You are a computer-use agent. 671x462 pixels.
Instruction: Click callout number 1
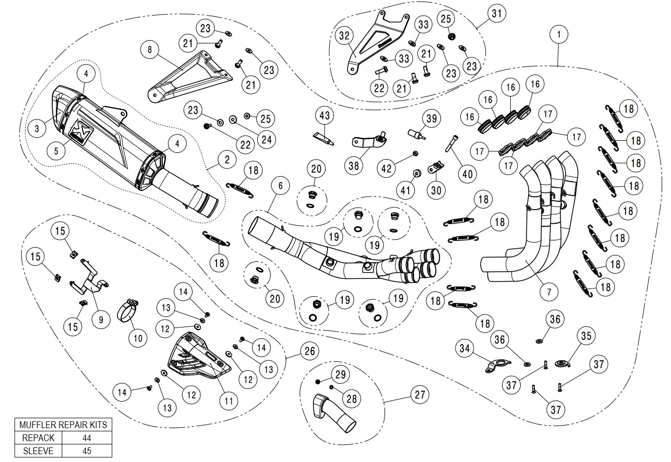(559, 34)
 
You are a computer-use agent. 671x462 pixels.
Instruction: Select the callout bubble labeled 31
(496, 14)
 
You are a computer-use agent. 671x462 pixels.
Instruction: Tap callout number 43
(325, 115)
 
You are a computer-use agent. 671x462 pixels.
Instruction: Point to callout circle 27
(418, 395)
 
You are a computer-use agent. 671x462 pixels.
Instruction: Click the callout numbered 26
(309, 351)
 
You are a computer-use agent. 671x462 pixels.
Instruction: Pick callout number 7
(549, 291)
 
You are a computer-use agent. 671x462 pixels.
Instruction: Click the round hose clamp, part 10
(130, 311)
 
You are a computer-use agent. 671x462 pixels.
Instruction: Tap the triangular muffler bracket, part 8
(188, 78)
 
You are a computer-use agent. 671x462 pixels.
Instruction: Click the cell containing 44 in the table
(87, 437)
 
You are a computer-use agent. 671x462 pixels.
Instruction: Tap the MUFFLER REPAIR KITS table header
(63, 424)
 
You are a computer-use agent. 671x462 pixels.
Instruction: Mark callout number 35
(586, 336)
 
